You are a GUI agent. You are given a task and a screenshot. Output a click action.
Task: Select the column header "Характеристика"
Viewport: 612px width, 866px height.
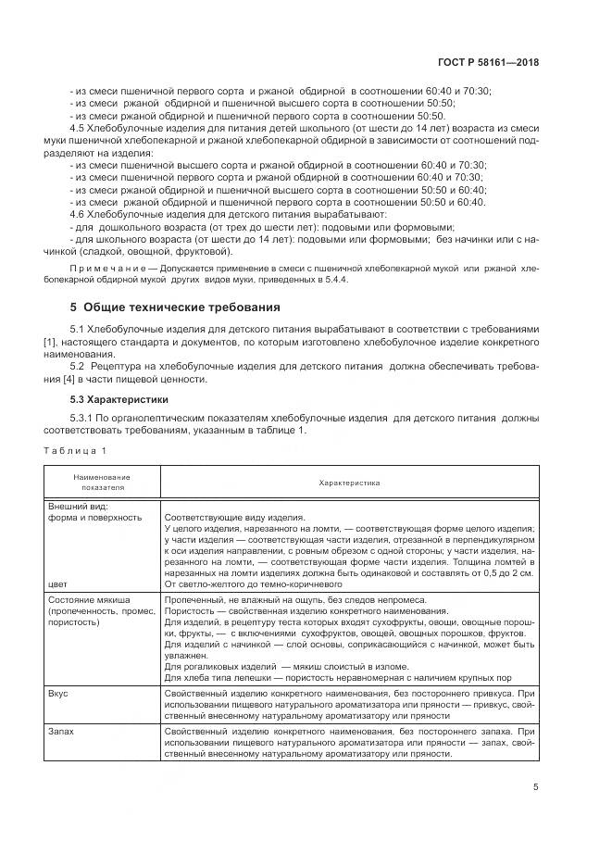[x=349, y=483]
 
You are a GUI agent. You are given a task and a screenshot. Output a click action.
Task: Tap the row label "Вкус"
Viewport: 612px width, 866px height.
[x=57, y=692]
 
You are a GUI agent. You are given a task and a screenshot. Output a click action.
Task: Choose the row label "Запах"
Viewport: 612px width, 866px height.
[x=60, y=731]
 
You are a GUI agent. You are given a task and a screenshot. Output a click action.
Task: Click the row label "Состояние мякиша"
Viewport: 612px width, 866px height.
[x=89, y=599]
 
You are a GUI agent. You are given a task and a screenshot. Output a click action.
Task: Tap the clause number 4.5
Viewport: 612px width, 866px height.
[x=79, y=129]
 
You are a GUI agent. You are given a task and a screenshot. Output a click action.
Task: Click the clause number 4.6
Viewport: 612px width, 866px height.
[x=79, y=213]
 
